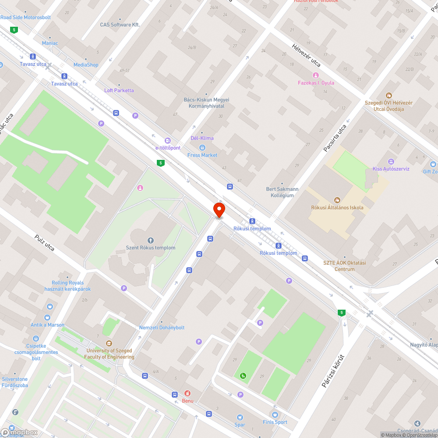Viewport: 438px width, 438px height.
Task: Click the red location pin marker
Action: (219, 210)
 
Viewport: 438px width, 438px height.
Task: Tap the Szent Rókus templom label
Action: (151, 248)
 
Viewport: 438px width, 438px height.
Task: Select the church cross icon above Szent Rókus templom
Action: (151, 240)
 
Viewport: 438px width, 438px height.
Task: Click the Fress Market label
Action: (202, 155)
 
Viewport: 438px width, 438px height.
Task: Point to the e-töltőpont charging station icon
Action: (167, 141)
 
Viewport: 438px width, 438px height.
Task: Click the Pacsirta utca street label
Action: (335, 138)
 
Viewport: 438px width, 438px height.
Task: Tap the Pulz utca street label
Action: (44, 243)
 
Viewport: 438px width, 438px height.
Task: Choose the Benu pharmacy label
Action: (187, 401)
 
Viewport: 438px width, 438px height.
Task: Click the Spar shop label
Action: (240, 424)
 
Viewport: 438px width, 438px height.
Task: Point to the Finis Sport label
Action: (275, 422)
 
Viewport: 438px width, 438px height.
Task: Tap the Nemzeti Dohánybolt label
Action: (162, 328)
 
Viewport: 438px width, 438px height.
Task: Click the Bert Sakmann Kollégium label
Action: (282, 192)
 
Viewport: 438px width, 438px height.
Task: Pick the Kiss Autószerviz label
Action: (391, 169)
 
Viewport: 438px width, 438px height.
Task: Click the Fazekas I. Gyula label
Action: (316, 83)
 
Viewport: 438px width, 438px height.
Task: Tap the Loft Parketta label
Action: (119, 90)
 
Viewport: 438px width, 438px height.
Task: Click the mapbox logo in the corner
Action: (20, 432)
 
